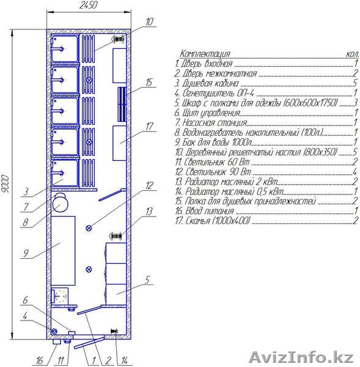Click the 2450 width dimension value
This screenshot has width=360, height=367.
(x=88, y=5)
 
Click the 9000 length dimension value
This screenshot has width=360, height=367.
(x=5, y=183)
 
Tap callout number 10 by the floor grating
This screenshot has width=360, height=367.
(x=149, y=22)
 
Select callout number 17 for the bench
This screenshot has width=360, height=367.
(x=149, y=127)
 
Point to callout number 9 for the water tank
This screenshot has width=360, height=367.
(x=26, y=253)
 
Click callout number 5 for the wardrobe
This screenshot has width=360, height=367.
(x=147, y=280)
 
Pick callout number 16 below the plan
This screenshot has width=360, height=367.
(x=40, y=361)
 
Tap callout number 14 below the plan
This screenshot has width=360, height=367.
(x=123, y=361)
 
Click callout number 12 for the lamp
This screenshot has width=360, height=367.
(x=149, y=185)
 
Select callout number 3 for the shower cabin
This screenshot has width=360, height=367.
(x=26, y=192)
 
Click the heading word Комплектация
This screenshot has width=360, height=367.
(x=205, y=54)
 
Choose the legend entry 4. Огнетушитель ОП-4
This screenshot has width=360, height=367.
(x=214, y=93)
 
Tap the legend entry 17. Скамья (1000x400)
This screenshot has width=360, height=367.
(x=213, y=221)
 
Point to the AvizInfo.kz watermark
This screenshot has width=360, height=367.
(x=301, y=357)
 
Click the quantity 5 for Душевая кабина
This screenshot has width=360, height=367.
(x=355, y=83)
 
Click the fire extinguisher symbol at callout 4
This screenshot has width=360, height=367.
(x=54, y=331)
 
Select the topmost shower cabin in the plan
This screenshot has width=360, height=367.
(x=65, y=48)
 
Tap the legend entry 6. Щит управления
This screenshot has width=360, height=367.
(x=207, y=113)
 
